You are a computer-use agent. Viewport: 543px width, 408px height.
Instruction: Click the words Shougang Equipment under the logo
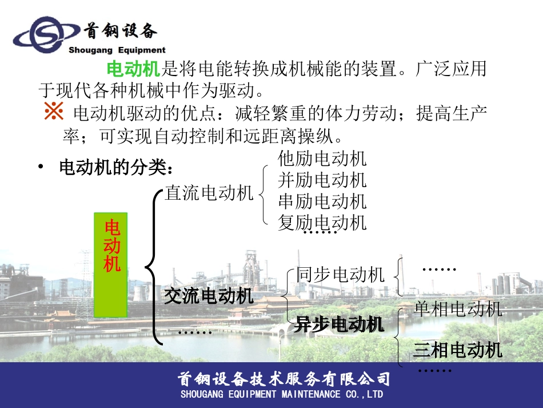coord(117,50)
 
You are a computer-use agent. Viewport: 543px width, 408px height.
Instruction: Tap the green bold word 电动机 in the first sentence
coord(133,70)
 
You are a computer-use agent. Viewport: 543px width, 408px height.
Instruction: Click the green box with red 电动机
coord(110,264)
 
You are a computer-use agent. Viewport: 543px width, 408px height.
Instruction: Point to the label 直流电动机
coord(209,193)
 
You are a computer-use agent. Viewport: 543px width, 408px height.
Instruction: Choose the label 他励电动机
coord(322,158)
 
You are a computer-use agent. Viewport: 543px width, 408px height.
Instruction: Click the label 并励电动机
coord(322,180)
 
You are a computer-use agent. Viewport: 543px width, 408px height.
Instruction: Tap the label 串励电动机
coord(322,201)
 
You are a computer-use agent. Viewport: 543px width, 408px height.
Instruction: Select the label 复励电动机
coord(322,222)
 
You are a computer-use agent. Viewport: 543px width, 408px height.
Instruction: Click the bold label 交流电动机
coord(209,296)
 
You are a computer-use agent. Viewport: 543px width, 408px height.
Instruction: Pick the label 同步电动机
coord(340,275)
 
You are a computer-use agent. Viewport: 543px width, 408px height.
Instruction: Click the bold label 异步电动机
coord(339,324)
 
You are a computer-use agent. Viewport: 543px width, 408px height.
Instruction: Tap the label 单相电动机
coord(458,309)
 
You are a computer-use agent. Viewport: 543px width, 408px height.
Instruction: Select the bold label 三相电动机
coord(458,350)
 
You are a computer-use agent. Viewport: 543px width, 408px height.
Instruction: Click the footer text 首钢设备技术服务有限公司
coord(284,379)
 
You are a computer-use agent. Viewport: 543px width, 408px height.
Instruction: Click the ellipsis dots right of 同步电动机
coord(439,269)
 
